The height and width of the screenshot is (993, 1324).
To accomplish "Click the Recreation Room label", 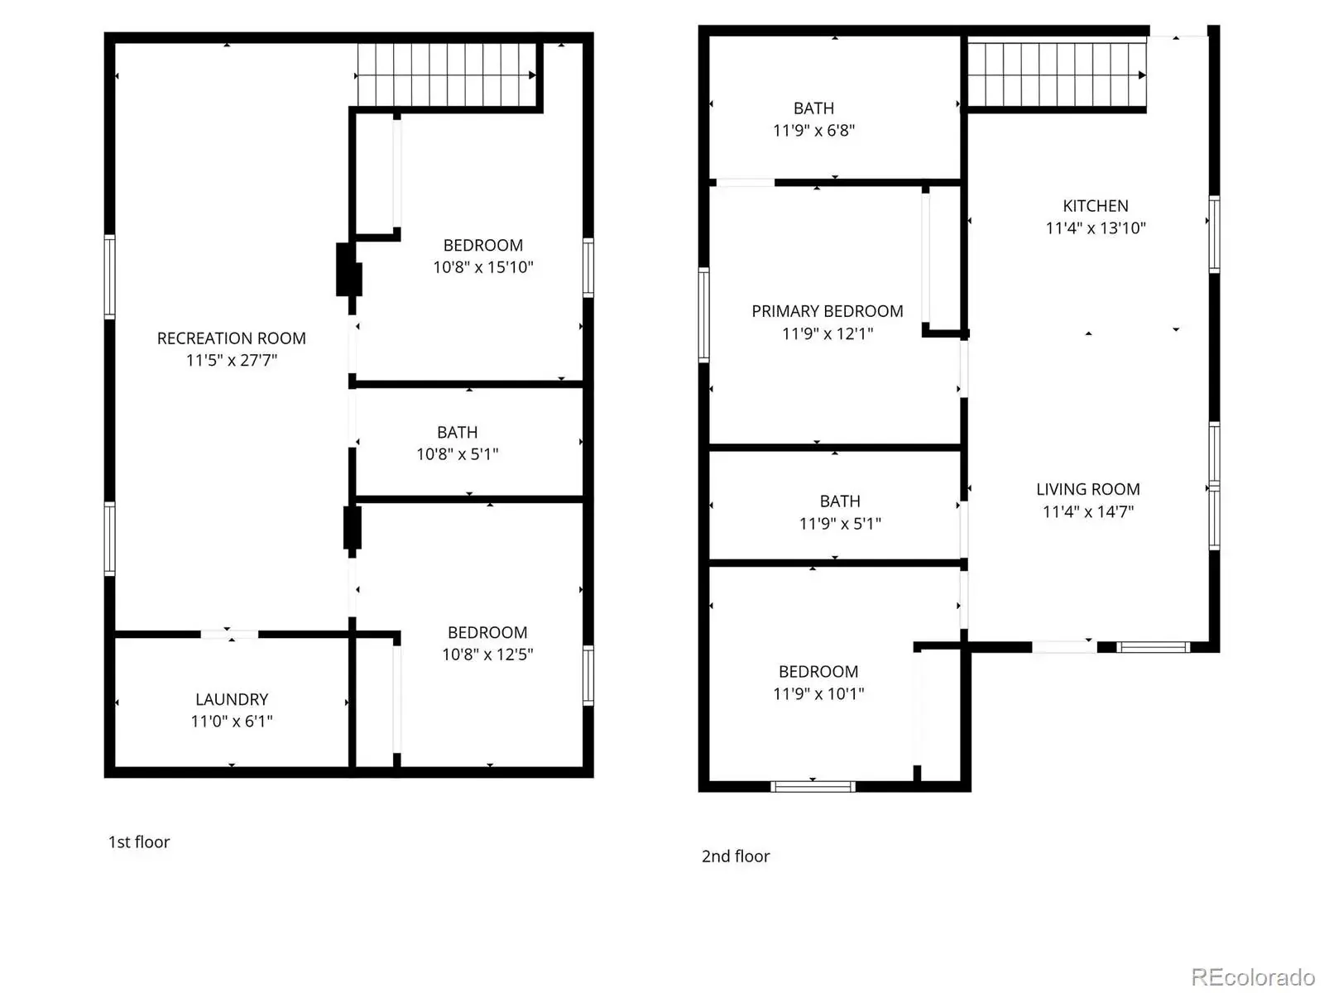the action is click(x=231, y=338).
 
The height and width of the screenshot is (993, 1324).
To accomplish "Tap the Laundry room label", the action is click(x=232, y=699).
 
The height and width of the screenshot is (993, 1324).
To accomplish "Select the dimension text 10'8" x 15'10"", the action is click(x=483, y=267).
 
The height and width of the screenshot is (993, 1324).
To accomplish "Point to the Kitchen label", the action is click(x=1096, y=206).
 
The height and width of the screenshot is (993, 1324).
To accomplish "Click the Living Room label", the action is click(x=1088, y=490).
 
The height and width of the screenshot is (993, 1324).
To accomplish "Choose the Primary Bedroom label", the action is click(x=827, y=311).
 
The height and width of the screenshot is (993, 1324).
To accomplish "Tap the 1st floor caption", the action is click(x=139, y=842).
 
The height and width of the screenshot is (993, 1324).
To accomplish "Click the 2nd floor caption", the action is click(x=736, y=856).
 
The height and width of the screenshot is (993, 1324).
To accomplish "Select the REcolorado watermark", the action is click(x=1253, y=976).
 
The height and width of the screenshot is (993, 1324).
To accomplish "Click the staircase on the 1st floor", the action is click(x=447, y=74).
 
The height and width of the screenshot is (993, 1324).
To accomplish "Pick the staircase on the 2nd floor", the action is click(x=1057, y=74).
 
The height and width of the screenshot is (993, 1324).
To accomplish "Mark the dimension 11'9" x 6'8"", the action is click(x=813, y=130).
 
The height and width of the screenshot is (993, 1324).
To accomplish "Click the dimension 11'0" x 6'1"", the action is click(x=232, y=722).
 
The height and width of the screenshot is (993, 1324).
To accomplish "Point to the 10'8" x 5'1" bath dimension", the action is click(x=458, y=454).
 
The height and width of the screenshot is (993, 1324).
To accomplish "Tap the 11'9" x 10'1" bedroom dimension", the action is click(x=818, y=694).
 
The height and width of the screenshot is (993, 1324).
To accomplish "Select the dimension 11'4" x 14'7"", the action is click(x=1088, y=512).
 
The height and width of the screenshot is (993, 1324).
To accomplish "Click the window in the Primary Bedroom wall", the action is click(x=703, y=314).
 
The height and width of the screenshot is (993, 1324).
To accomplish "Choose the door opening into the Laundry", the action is click(x=229, y=634).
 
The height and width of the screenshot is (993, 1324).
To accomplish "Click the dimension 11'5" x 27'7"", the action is click(x=232, y=361).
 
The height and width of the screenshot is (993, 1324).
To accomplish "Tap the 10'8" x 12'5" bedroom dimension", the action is click(x=487, y=655).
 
